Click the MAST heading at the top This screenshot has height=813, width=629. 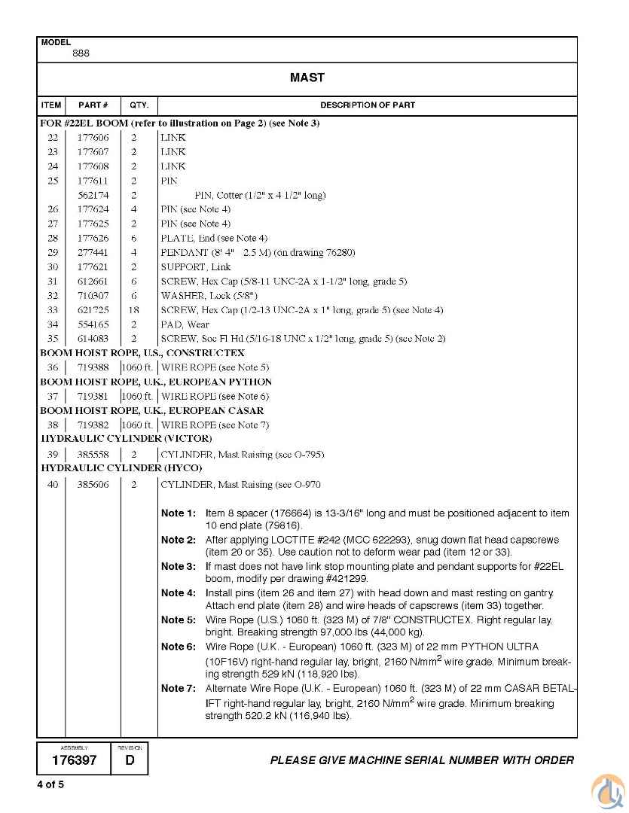coord(307,78)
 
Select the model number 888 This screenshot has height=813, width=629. coord(81,53)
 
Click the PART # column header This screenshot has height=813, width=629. coord(93,105)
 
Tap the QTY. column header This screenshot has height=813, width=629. coord(139,105)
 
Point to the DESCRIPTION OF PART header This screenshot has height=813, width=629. coord(367,105)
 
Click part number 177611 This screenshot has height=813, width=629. coord(93,181)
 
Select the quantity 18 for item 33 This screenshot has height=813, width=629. coord(134,310)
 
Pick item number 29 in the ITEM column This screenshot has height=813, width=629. coord(52,252)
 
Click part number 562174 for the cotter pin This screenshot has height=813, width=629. coord(93,195)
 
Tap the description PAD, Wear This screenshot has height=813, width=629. coord(185,324)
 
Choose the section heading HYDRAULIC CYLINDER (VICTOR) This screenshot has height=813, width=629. coord(127,438)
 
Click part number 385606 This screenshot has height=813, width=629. coord(93,485)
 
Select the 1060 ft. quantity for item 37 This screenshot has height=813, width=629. coord(136,396)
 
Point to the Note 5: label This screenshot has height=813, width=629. coord(178,620)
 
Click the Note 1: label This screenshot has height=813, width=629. coord(178,513)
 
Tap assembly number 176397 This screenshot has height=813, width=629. coord(74,760)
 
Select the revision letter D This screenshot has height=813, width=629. coord(130,760)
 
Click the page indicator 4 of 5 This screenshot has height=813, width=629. coord(51,785)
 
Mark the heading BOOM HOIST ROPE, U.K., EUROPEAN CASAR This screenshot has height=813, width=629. coord(152,410)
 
